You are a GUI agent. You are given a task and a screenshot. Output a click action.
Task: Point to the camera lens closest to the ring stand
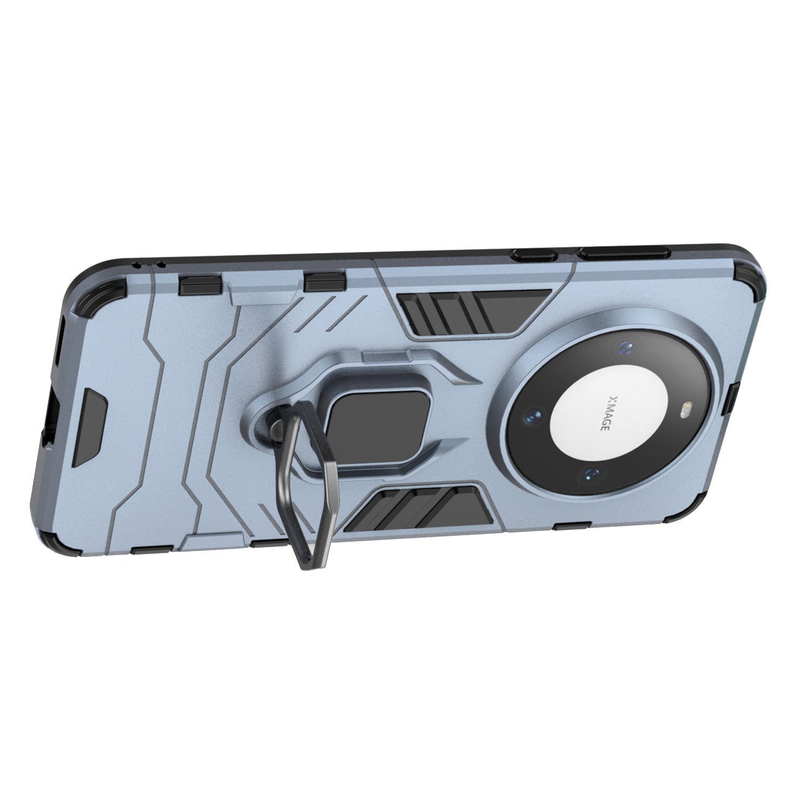click(x=534, y=416)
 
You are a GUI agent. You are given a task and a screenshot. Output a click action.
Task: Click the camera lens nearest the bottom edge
click(x=590, y=475)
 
